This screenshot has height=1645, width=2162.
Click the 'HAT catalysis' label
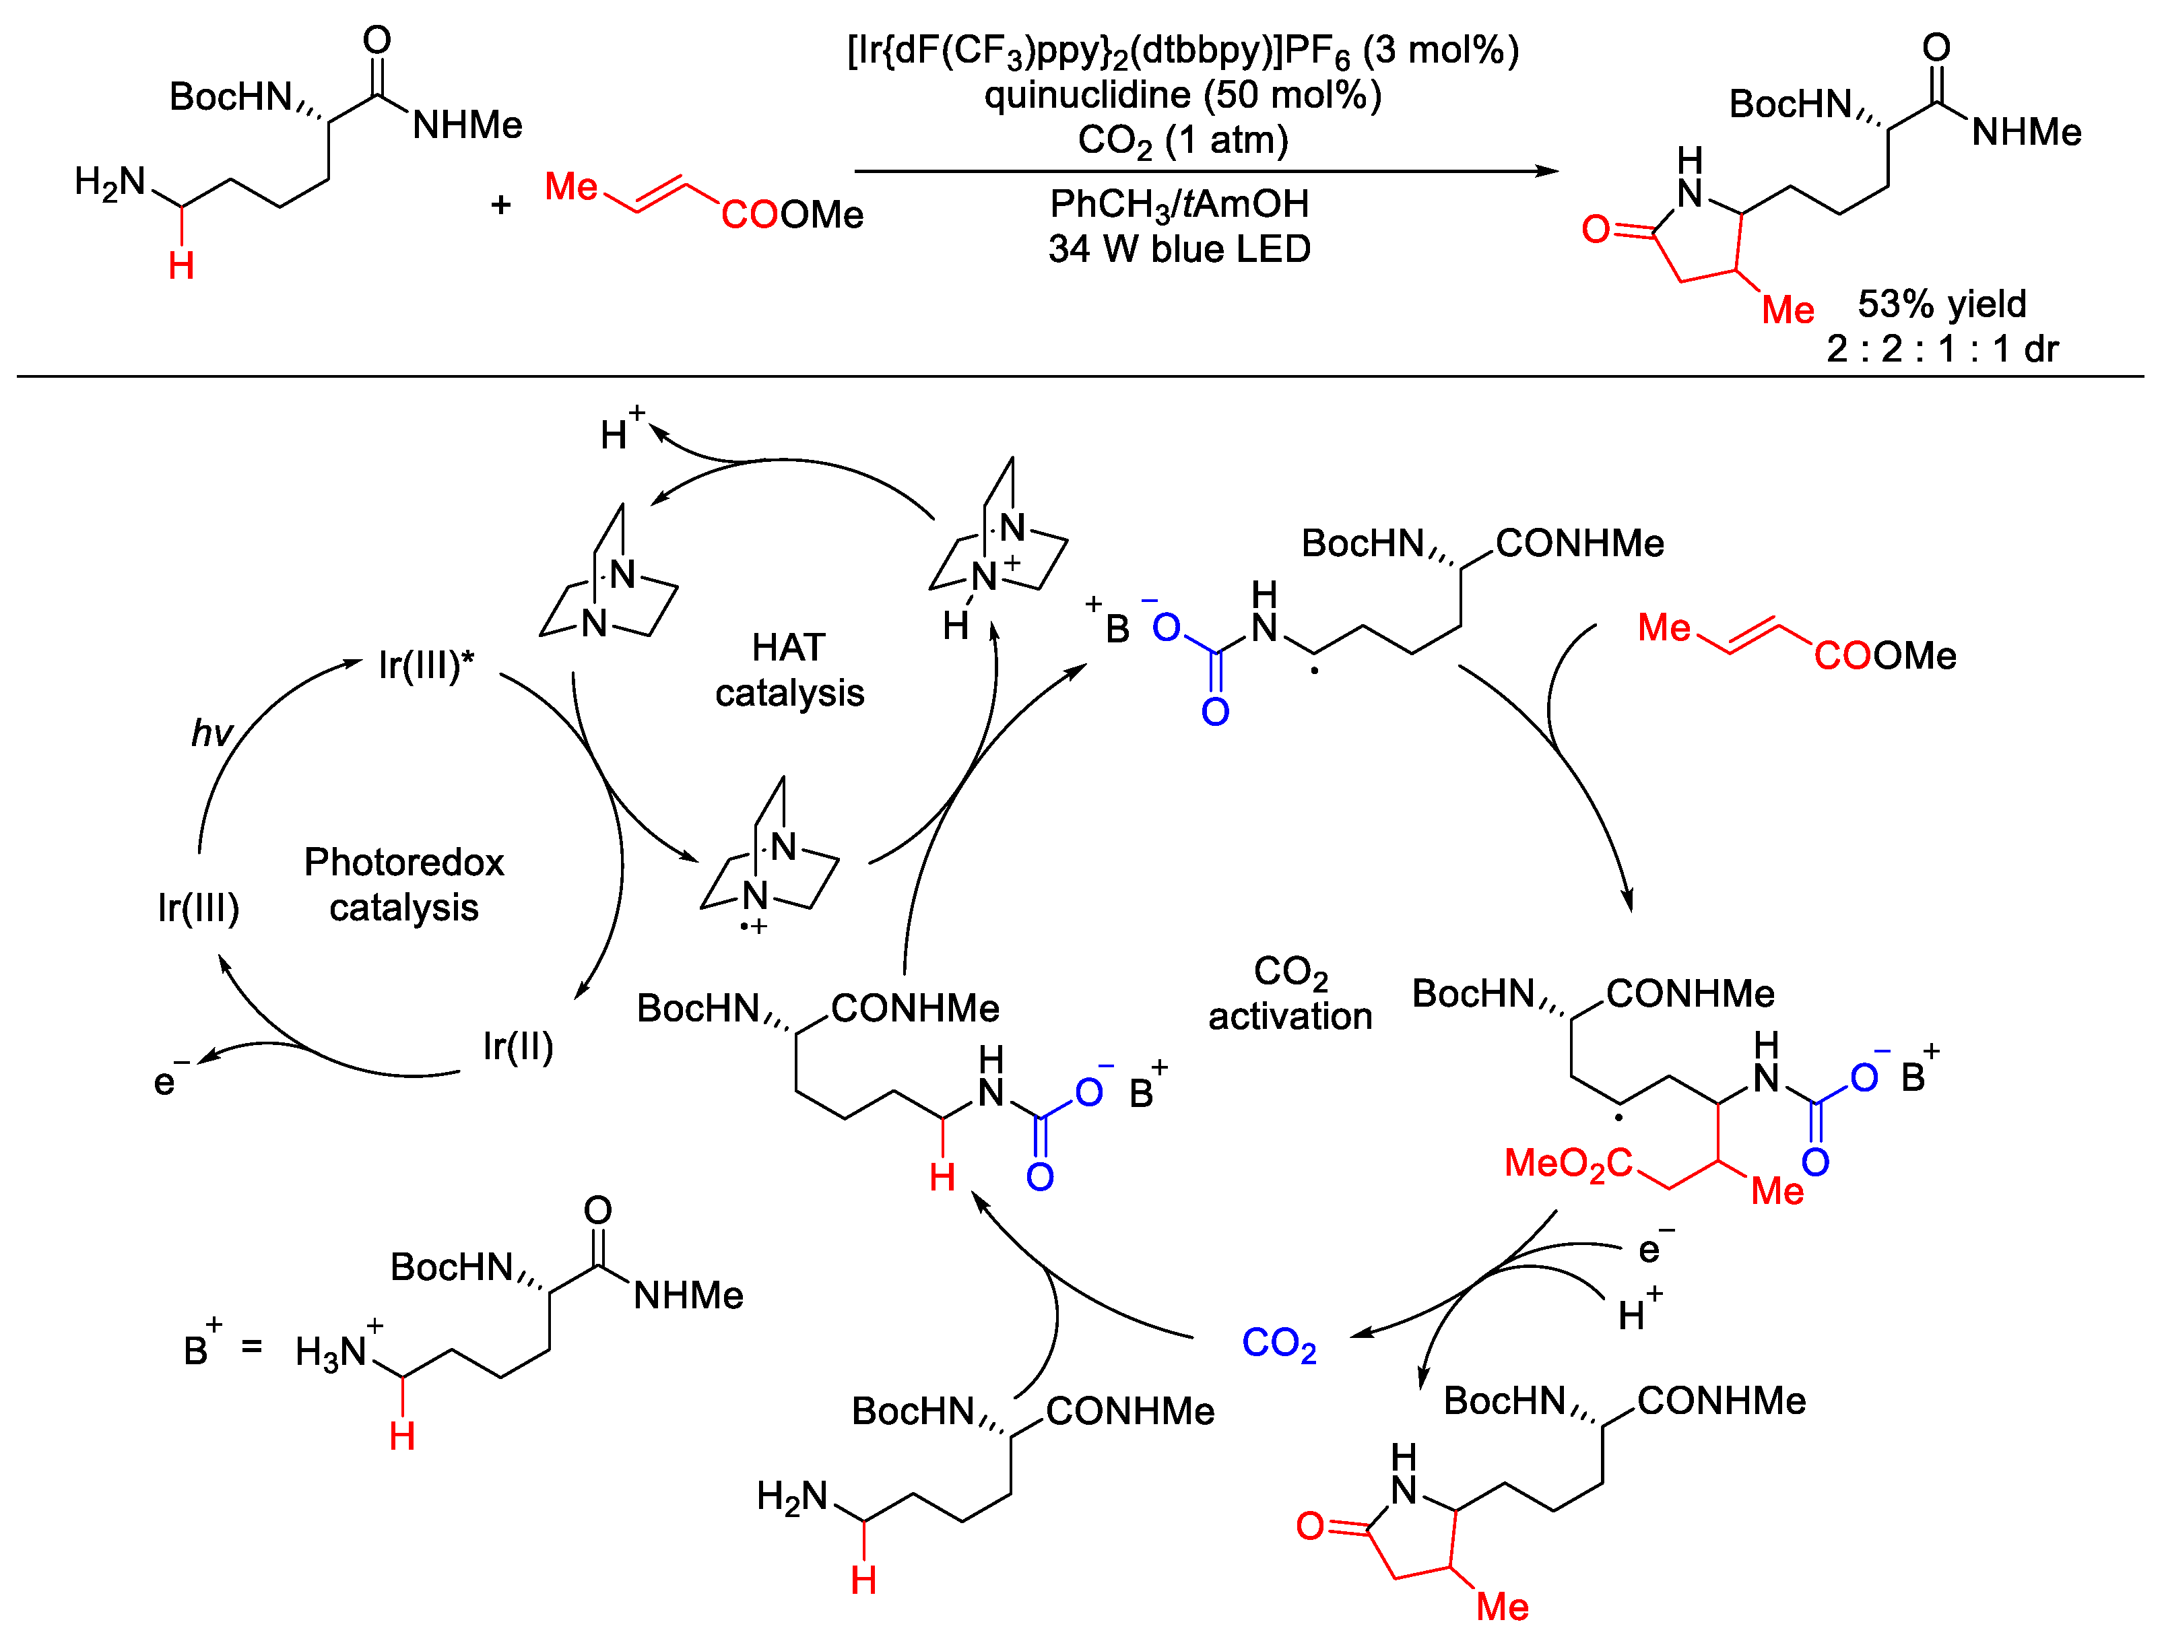[x=789, y=670]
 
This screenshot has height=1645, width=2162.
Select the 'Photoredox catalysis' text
[x=403, y=884]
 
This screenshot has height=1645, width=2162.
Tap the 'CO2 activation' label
[x=1290, y=994]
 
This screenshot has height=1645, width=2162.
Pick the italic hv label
[x=211, y=733]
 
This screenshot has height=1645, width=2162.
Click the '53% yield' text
[x=1942, y=304]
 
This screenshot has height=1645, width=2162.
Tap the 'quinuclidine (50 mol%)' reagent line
[x=1183, y=95]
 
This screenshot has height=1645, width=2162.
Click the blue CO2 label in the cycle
[x=1278, y=1343]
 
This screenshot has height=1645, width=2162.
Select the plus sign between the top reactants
[x=501, y=205]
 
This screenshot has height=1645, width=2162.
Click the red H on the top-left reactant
[x=181, y=265]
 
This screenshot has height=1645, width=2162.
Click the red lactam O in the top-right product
[x=1596, y=229]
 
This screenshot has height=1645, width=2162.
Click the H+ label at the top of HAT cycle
[x=620, y=431]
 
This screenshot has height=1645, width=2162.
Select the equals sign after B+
[x=252, y=1347]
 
